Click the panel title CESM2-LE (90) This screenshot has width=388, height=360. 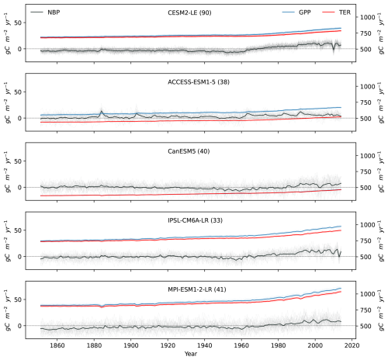[193, 13]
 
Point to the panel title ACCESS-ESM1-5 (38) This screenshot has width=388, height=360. [193, 81]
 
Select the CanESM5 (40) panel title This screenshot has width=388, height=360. [193, 150]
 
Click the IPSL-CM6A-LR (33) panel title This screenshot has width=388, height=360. [193, 218]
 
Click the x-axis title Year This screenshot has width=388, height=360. [190, 353]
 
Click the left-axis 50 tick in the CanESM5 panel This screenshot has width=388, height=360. [22, 161]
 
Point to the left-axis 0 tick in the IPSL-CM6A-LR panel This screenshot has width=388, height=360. [24, 256]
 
